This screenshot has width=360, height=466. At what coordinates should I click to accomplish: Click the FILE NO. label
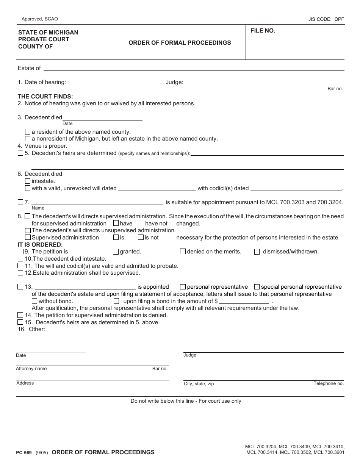tap(263, 31)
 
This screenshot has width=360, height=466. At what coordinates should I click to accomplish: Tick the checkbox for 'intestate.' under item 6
tap(28, 181)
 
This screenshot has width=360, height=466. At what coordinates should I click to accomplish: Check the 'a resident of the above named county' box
tap(28, 132)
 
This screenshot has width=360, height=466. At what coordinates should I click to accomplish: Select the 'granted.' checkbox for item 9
tap(116, 252)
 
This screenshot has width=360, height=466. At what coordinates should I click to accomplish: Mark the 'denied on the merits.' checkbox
tap(183, 252)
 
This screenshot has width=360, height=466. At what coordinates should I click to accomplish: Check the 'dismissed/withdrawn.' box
tap(257, 252)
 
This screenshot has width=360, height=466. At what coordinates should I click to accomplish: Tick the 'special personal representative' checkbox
tap(257, 287)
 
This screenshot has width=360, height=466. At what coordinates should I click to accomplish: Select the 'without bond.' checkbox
tap(34, 301)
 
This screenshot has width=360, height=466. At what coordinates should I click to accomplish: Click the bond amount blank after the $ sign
tap(244, 301)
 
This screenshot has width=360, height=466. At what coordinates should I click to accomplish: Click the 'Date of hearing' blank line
tap(114, 82)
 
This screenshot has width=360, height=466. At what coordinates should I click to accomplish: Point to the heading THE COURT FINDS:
tap(45, 97)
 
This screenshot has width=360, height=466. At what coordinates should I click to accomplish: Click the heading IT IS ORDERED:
tap(40, 245)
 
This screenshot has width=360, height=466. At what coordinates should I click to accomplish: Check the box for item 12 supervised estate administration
tap(20, 273)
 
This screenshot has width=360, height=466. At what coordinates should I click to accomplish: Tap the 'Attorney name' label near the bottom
tap(31, 369)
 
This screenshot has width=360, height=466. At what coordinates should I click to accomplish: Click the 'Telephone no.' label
tap(329, 383)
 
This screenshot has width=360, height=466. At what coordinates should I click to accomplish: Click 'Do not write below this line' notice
tap(186, 401)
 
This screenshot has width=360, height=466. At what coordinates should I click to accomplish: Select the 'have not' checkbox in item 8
tap(141, 224)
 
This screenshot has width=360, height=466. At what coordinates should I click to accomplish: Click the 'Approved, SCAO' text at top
tap(40, 19)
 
